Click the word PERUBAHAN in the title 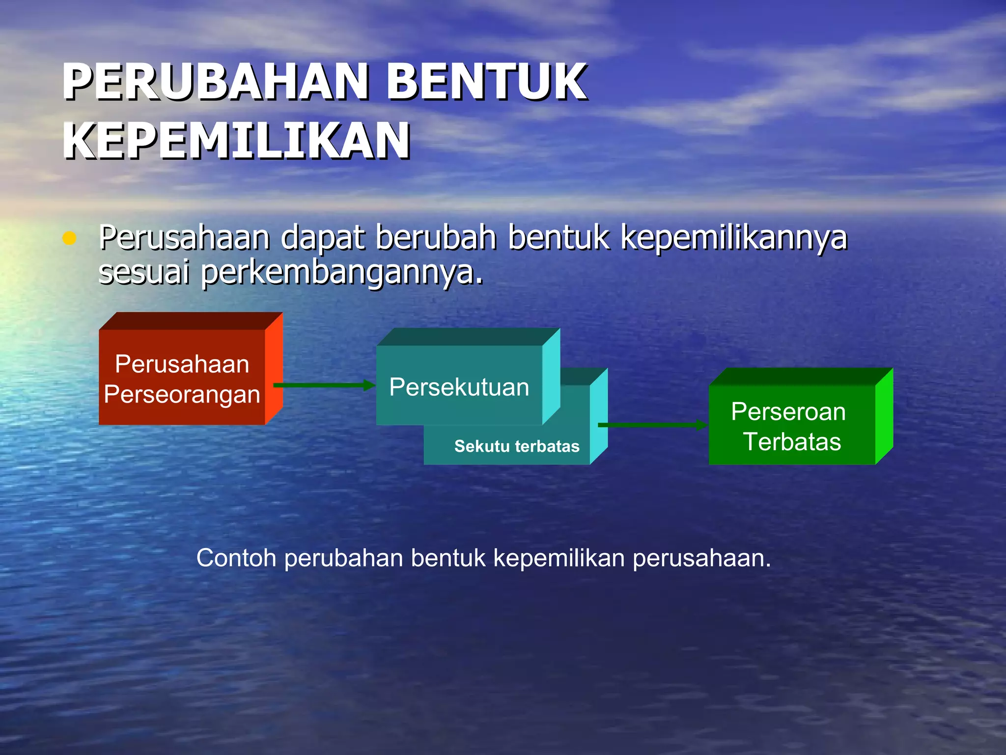[x=216, y=82]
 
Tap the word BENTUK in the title [x=486, y=82]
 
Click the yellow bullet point [x=69, y=239]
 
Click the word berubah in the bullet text [x=436, y=238]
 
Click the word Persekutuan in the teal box [x=459, y=387]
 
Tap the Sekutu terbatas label [x=517, y=446]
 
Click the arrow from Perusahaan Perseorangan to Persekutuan [x=324, y=385]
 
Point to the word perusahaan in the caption [x=701, y=558]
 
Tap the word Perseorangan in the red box [x=182, y=394]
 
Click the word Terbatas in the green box [x=792, y=441]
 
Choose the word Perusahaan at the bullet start [x=184, y=238]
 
